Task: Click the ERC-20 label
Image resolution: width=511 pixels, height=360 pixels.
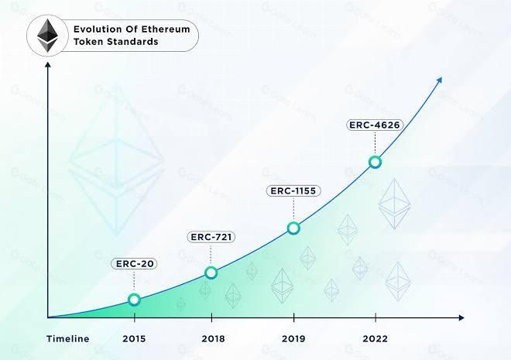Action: click(135, 264)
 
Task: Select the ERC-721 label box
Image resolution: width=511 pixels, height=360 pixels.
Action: click(211, 236)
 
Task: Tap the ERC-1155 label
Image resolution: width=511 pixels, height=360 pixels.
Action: click(293, 190)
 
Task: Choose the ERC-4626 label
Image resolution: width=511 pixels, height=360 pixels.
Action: click(375, 125)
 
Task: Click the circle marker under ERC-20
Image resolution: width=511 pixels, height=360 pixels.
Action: click(134, 300)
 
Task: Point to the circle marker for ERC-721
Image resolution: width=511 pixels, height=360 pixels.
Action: click(211, 272)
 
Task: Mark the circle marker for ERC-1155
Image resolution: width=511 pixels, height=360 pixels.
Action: click(293, 228)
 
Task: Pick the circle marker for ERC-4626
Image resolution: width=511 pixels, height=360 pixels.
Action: click(375, 162)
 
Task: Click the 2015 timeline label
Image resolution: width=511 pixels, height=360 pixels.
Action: click(135, 339)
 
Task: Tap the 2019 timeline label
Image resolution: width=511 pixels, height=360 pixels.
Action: click(293, 339)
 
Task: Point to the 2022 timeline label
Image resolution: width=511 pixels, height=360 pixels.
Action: click(375, 339)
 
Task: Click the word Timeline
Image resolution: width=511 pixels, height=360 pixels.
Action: click(67, 339)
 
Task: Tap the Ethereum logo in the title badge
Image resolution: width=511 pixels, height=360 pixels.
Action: click(48, 36)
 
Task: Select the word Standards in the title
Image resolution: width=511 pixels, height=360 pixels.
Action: click(132, 42)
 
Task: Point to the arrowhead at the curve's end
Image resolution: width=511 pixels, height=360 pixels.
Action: click(439, 80)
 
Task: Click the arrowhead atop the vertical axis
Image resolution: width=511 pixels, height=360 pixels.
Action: click(48, 65)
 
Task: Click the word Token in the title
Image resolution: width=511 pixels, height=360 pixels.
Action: click(88, 42)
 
